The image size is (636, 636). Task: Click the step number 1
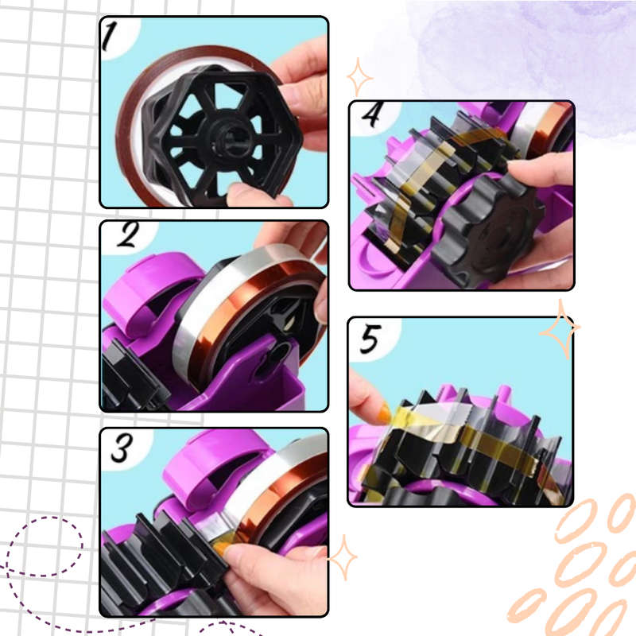(x=109, y=37)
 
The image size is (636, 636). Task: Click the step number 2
(x=127, y=235)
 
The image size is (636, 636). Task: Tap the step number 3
(x=122, y=448)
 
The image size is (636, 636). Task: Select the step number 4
(x=372, y=114)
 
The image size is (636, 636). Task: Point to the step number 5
(x=370, y=339)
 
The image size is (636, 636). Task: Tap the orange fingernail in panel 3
(x=222, y=549)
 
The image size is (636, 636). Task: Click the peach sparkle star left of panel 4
(x=359, y=77)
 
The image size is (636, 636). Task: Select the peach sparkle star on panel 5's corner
(x=560, y=329)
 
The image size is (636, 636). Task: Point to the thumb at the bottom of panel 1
(x=251, y=195)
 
